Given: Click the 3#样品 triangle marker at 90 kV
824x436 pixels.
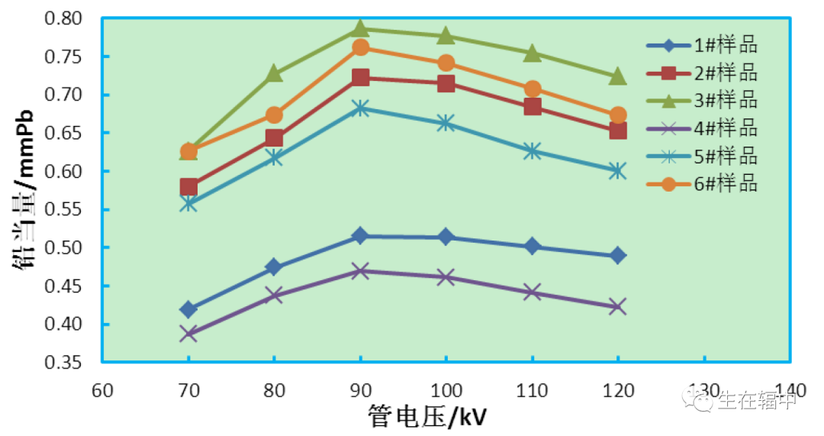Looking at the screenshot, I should [360, 29].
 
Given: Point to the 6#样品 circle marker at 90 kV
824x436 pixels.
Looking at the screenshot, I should [360, 47].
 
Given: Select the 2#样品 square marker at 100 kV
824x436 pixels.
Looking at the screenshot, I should [446, 83].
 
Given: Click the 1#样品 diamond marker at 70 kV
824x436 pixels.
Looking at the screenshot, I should [188, 309].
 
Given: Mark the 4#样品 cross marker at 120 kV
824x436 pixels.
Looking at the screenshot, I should [618, 307].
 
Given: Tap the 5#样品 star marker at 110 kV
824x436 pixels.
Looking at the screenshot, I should [533, 151].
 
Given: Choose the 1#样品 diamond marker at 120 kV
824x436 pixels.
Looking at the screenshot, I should [618, 255].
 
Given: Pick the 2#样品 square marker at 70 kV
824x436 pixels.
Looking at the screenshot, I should [188, 187].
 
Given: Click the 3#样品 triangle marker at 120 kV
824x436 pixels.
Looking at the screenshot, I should [618, 76].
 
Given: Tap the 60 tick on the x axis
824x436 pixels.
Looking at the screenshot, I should [102, 391].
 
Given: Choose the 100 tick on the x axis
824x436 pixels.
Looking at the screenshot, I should [446, 391].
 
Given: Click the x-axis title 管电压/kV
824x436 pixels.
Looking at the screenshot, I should [427, 417].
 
